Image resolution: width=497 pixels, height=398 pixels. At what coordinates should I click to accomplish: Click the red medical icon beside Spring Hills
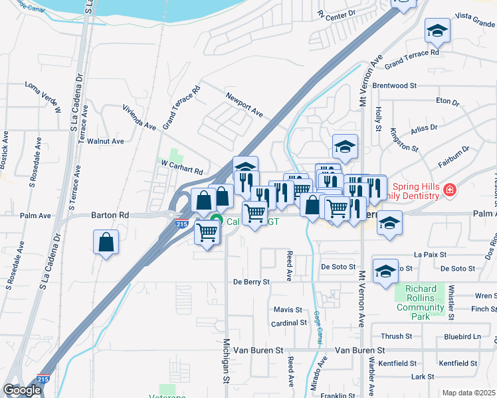[x=450, y=190]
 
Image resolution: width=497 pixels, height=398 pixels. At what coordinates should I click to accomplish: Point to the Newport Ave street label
[x=243, y=104]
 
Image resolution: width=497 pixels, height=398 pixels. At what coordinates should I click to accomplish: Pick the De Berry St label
[x=251, y=282]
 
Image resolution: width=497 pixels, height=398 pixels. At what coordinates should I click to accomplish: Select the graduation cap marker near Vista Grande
[x=437, y=31]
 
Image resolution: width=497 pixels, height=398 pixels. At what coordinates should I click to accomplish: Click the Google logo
[x=22, y=390]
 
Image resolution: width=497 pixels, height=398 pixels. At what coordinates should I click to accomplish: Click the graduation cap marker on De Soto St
[x=385, y=271]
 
